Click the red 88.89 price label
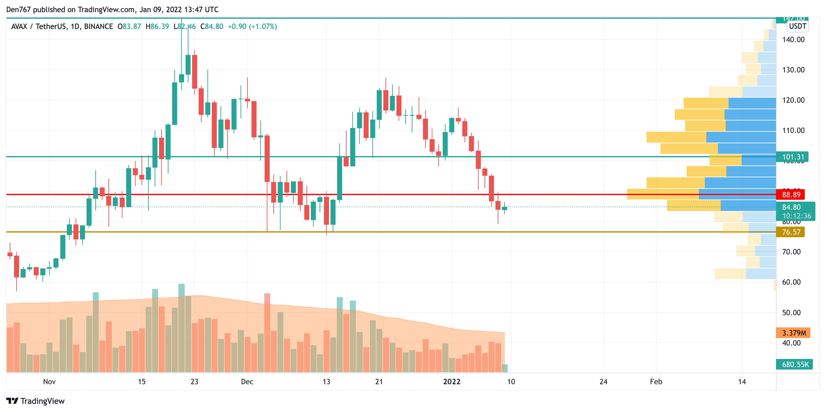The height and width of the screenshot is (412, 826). pyautogui.click(x=791, y=194)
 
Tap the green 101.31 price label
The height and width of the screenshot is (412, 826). pyautogui.click(x=793, y=157)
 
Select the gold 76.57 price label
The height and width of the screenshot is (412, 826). pyautogui.click(x=791, y=232)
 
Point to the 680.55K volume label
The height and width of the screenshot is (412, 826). pyautogui.click(x=795, y=365)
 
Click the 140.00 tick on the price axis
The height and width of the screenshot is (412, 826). pyautogui.click(x=793, y=40)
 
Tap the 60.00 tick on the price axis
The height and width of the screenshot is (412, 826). pyautogui.click(x=791, y=282)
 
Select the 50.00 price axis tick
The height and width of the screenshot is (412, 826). pyautogui.click(x=791, y=313)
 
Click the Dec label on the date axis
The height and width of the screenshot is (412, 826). pyautogui.click(x=247, y=381)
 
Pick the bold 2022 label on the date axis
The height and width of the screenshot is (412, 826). pyautogui.click(x=451, y=381)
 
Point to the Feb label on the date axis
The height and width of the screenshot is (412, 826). pyautogui.click(x=656, y=381)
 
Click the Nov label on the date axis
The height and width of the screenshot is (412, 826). pyautogui.click(x=49, y=381)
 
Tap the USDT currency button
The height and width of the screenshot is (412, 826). pyautogui.click(x=798, y=26)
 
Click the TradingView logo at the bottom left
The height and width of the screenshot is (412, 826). pyautogui.click(x=35, y=401)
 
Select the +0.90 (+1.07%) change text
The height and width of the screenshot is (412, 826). pyautogui.click(x=252, y=27)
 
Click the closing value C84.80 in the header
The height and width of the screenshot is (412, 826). pyautogui.click(x=211, y=27)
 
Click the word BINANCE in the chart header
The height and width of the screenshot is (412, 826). pyautogui.click(x=98, y=27)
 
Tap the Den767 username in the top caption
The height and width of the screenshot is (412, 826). pyautogui.click(x=18, y=10)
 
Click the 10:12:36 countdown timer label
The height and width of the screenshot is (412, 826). pyautogui.click(x=797, y=216)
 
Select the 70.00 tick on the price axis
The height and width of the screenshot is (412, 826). pyautogui.click(x=791, y=252)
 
